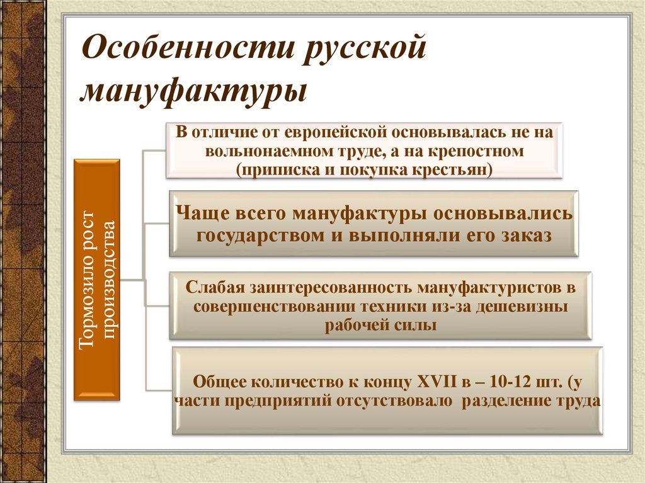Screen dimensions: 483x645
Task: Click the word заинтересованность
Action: [329, 288]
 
